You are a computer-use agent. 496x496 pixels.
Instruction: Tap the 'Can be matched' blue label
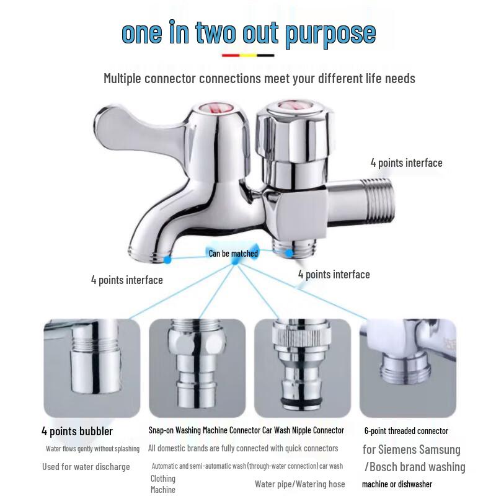[233, 253]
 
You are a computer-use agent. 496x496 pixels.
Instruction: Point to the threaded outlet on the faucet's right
[378, 193]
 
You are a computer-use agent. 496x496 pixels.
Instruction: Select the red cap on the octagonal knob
[294, 106]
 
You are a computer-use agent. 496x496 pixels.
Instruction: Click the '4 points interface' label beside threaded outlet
[406, 163]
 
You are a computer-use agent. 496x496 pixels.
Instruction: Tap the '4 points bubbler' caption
[77, 431]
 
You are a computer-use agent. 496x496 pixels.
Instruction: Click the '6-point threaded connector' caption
[406, 431]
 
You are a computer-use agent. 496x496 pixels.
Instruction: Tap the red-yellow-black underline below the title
[247, 55]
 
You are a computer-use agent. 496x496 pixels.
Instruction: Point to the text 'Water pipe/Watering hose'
[299, 484]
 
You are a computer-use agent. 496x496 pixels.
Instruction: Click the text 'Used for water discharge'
[86, 466]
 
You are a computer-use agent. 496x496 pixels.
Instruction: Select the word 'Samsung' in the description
[438, 449]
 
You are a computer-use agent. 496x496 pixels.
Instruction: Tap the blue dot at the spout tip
[167, 260]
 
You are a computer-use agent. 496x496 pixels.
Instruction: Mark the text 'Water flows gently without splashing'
[92, 448]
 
